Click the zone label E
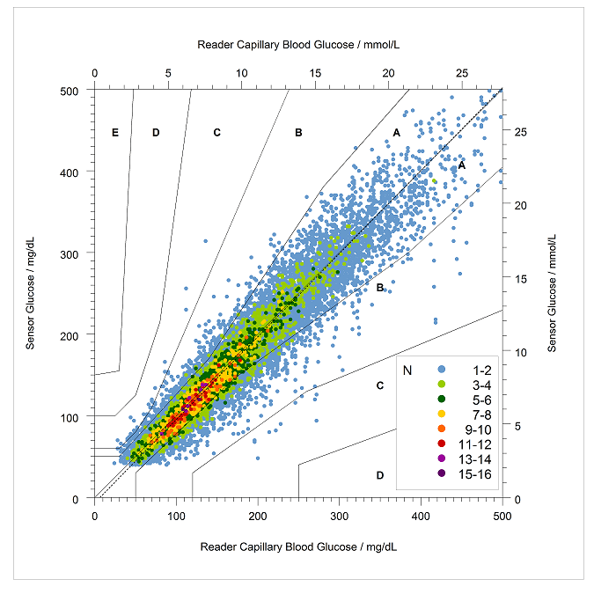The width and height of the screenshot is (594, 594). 115,133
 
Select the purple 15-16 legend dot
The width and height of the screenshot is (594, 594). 442,473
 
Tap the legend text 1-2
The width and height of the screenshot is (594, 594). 481,370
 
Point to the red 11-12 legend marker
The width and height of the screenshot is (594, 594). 442,444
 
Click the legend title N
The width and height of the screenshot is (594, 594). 407,370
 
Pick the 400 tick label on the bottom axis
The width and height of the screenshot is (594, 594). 421,516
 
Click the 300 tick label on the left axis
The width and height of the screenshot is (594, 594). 69,254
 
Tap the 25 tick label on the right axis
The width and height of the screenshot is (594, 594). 520,132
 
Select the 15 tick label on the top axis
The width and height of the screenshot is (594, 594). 315,73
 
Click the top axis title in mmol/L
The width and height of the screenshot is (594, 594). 298,45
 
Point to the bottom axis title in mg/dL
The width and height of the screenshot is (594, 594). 298,546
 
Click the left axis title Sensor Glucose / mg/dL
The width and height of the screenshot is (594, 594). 30,293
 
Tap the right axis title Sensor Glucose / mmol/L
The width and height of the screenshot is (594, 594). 552,293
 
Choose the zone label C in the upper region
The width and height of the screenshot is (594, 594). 216,133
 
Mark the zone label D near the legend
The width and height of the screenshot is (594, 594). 380,475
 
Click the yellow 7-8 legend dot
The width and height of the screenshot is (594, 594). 442,414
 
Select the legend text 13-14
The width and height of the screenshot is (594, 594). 474,459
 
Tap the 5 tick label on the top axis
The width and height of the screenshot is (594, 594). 168,73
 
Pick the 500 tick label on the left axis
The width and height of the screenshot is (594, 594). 69,92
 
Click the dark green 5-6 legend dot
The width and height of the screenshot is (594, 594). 442,399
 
